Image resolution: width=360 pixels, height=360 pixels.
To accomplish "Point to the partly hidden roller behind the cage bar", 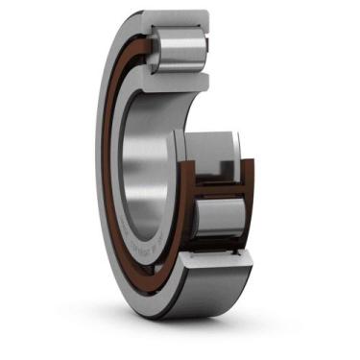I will point(213,154).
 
